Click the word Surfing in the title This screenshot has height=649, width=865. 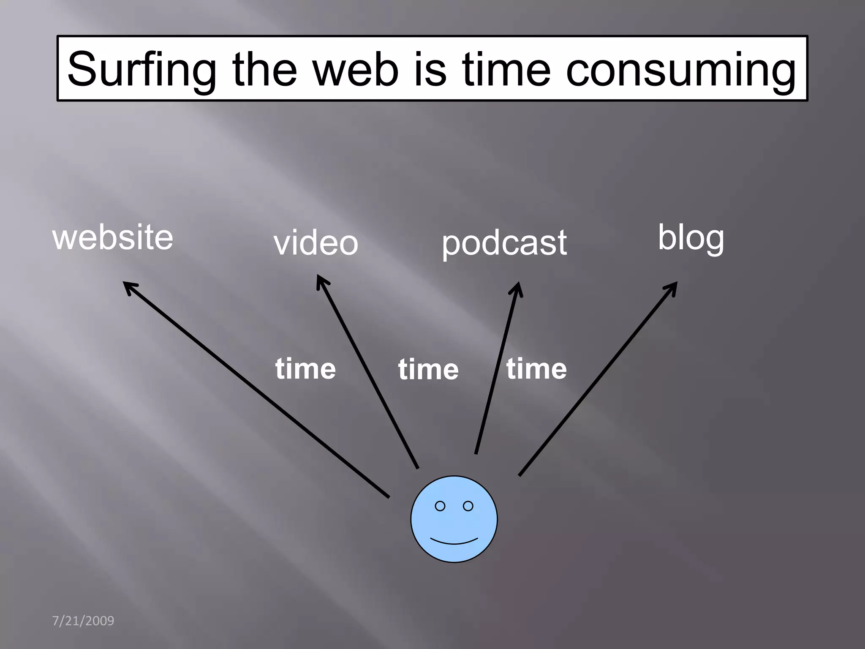142,70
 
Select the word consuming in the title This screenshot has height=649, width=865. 680,70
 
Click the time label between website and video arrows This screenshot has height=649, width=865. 305,368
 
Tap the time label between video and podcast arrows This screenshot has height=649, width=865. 428,369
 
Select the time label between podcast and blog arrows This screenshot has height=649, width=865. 536,368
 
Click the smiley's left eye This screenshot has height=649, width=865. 440,506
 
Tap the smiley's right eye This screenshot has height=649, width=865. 468,506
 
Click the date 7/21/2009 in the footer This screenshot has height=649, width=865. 83,621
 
